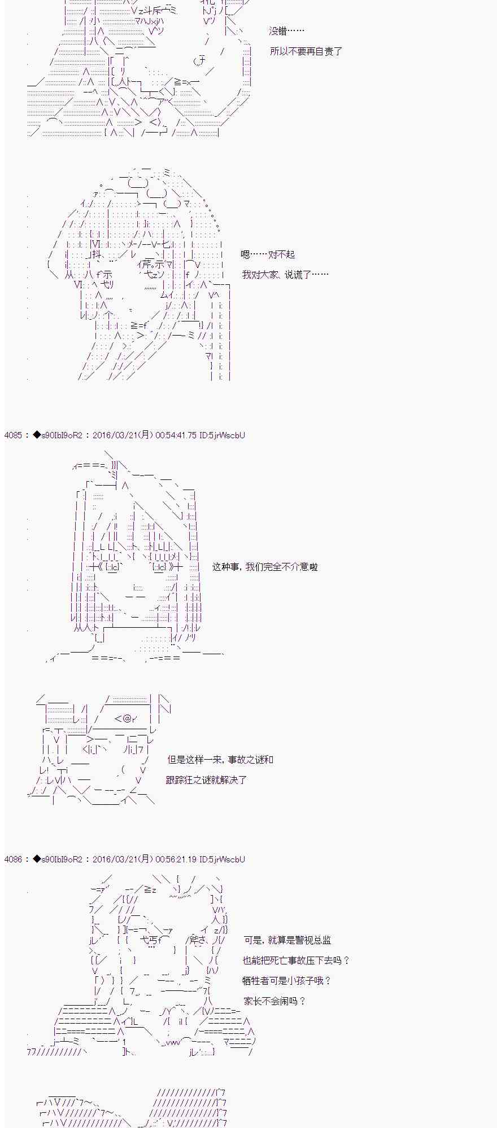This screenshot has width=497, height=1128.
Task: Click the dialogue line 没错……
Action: (x=287, y=31)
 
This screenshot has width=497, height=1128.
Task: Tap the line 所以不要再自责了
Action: (x=306, y=51)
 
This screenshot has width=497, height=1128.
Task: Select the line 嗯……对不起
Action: (x=268, y=254)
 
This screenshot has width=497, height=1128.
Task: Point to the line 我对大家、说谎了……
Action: (x=285, y=275)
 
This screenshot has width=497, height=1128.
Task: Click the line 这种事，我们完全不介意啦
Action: (x=265, y=567)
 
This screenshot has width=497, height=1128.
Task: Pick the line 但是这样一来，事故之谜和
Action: (x=220, y=760)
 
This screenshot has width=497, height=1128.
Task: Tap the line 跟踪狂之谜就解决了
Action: (x=206, y=780)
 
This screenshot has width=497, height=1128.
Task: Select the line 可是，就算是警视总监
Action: (x=287, y=940)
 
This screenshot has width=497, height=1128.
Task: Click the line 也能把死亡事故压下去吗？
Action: (x=297, y=960)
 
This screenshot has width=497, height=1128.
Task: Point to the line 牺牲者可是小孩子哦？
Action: (x=286, y=981)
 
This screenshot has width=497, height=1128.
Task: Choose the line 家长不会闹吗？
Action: (x=274, y=1001)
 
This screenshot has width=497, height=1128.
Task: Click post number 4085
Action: (x=14, y=435)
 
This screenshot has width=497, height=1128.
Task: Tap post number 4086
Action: (x=14, y=859)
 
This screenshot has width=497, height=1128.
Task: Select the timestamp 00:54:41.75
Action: (x=176, y=435)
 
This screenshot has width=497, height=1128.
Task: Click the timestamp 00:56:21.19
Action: (x=176, y=859)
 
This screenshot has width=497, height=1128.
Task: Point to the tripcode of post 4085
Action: (x=58, y=435)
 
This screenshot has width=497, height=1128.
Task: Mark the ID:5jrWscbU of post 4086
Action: (x=223, y=859)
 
